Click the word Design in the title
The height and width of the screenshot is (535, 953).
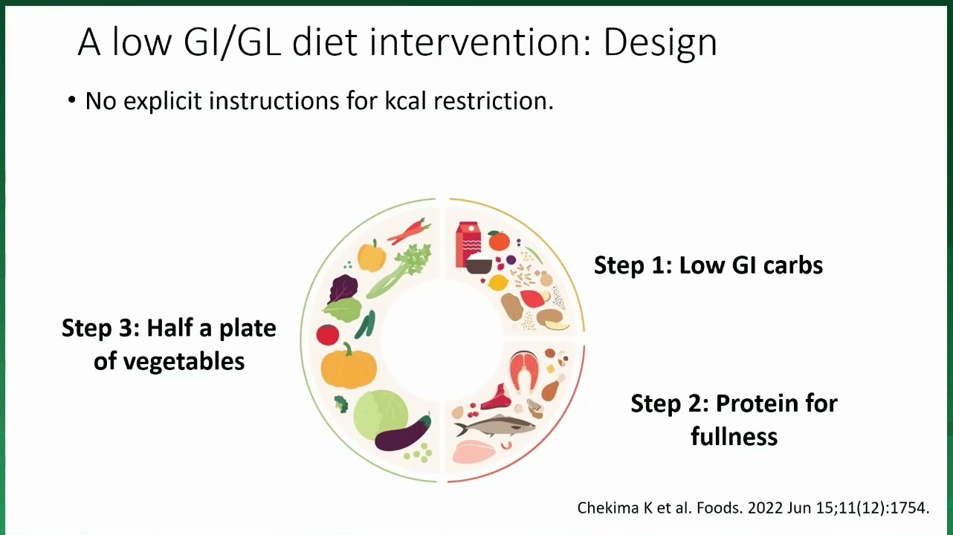[x=660, y=43]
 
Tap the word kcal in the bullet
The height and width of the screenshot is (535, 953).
[x=405, y=101]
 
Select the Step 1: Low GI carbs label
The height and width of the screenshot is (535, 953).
[x=708, y=265]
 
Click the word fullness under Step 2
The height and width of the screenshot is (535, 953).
[x=734, y=437]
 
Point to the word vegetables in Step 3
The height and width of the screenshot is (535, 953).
[x=169, y=361]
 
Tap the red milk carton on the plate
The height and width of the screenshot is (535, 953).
[x=468, y=244]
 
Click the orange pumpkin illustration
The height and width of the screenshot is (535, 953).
[x=349, y=366]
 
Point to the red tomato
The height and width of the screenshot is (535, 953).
[x=328, y=334]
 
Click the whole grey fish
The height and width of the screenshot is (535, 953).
[x=495, y=425]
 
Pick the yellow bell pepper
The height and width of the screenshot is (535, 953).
[x=372, y=256]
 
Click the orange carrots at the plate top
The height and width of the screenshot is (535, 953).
[x=408, y=230]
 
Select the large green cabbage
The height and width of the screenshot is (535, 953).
[x=381, y=415]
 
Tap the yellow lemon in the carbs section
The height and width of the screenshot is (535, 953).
[x=498, y=283]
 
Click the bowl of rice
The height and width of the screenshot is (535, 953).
[x=479, y=264]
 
